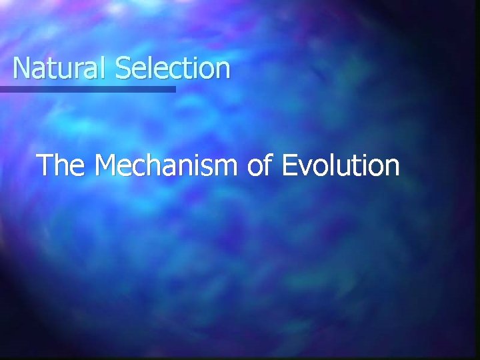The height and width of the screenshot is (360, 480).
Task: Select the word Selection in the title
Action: click(x=172, y=68)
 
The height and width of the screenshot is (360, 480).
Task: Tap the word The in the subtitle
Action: click(x=61, y=165)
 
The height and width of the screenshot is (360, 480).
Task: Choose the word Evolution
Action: click(x=341, y=165)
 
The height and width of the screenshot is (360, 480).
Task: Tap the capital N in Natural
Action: click(x=21, y=68)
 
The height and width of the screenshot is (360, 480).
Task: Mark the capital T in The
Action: click(x=45, y=165)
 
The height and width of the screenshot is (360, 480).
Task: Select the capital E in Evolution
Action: click(x=290, y=165)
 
